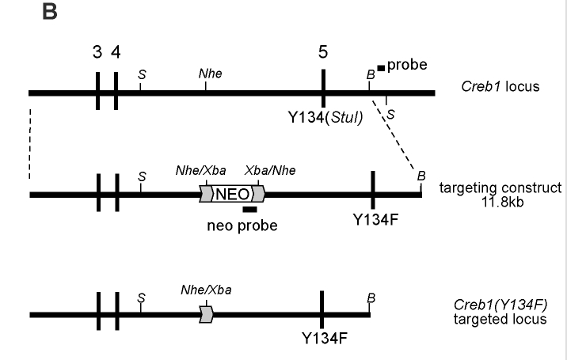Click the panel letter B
(49, 15)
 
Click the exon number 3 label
(97, 52)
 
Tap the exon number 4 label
(116, 52)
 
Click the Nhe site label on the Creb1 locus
(210, 73)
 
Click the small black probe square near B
(381, 69)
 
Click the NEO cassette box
(232, 194)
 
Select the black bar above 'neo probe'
(249, 210)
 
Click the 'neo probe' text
(242, 225)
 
